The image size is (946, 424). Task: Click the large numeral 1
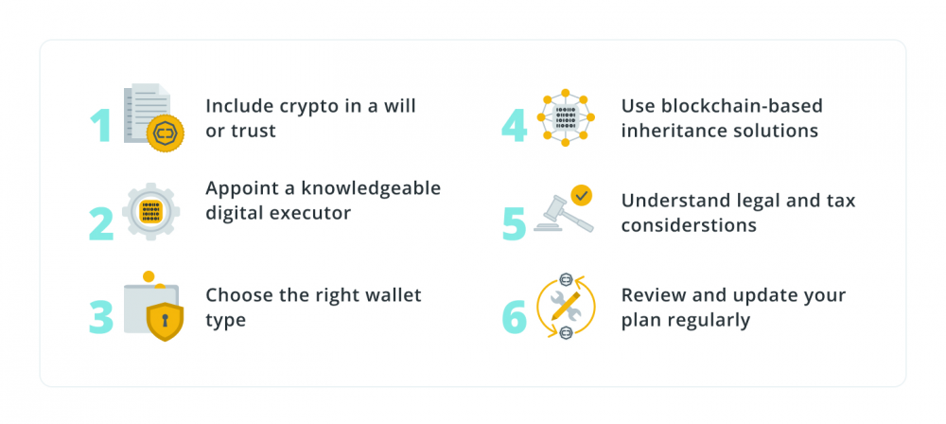tap(101, 126)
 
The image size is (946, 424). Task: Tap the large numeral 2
tap(101, 224)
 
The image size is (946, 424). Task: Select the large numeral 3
tap(101, 317)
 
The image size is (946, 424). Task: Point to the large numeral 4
tap(514, 126)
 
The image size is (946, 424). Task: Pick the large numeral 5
tap(514, 224)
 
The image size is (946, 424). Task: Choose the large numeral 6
tap(515, 317)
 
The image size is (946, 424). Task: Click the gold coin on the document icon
tap(166, 132)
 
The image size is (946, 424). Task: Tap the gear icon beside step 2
tap(150, 211)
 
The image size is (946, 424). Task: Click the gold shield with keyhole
tap(165, 322)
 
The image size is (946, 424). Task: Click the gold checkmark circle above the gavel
tap(582, 195)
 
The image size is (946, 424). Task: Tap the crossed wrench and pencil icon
tap(566, 306)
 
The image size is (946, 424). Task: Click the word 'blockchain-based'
tap(742, 106)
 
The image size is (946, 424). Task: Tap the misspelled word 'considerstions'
tap(689, 224)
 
